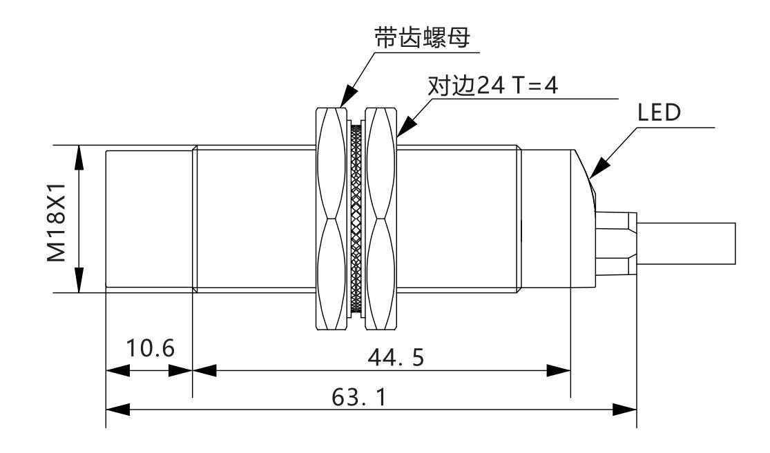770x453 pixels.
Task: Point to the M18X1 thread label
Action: coord(57,220)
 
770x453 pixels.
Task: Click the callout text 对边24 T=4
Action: coord(493,90)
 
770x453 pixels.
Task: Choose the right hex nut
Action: coord(382,219)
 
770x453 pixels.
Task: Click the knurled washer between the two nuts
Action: coord(356,219)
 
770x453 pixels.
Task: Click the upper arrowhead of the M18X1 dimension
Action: coord(79,157)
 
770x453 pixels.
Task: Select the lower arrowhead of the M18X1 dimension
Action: coord(79,281)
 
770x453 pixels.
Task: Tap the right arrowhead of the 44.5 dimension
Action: coord(560,370)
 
